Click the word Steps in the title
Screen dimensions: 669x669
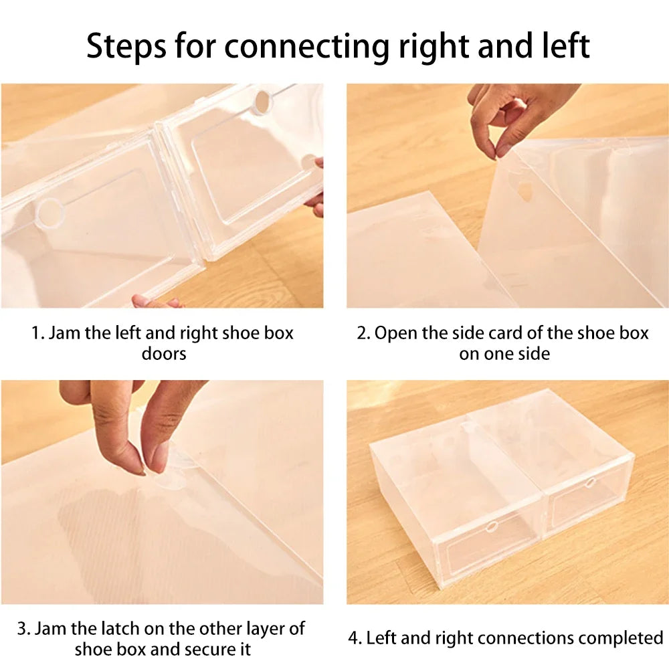(125, 45)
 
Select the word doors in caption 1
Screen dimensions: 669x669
(163, 353)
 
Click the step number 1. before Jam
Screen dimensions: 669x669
(37, 333)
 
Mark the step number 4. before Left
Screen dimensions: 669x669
(354, 638)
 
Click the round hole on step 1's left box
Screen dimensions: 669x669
(50, 213)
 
